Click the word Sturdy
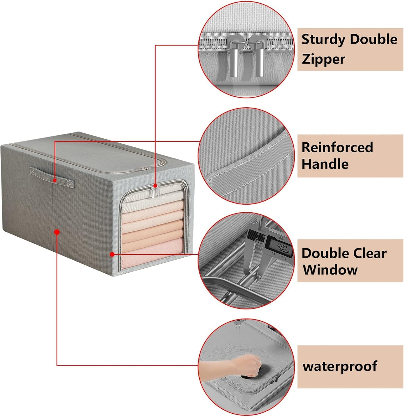point(323,40)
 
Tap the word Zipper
point(323,59)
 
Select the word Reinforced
point(337,147)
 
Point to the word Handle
point(325,164)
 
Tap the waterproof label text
point(340,366)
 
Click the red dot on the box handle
point(55,181)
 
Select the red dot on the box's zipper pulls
point(155,186)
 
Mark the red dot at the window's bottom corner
point(112,254)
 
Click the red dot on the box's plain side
point(57,232)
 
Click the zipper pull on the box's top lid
point(144,169)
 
